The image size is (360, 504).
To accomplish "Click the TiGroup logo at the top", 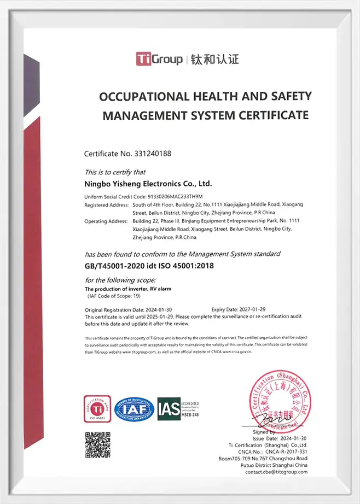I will pyautogui.click(x=159, y=58).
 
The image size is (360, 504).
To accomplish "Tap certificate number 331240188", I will pyautogui.click(x=150, y=154).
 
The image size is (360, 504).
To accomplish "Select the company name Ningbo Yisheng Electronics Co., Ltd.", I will pyautogui.click(x=148, y=184).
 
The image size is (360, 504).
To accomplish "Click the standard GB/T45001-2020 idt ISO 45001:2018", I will pyautogui.click(x=149, y=266).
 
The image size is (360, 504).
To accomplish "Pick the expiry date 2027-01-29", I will pyautogui.click(x=255, y=309).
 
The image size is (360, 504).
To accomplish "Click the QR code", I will pyautogui.click(x=97, y=444).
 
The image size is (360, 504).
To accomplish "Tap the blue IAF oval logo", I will pyautogui.click(x=135, y=409).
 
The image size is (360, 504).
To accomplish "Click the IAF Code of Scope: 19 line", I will pyautogui.click(x=115, y=296).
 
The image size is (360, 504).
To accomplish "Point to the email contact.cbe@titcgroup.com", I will pyautogui.click(x=276, y=472).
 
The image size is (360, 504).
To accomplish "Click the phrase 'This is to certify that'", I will pyautogui.click(x=115, y=172).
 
